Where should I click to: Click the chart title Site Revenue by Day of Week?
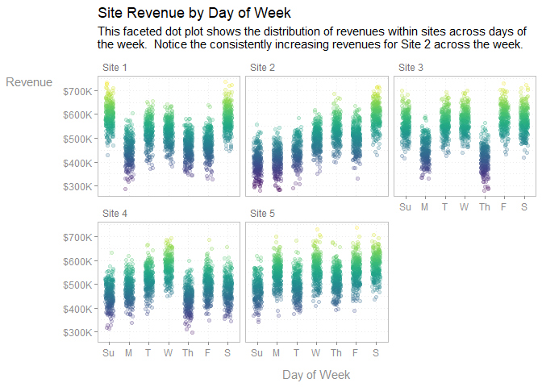pos(194,14)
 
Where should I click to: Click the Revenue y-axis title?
pos(29,82)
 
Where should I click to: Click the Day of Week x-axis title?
pos(316,375)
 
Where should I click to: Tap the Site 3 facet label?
pos(411,67)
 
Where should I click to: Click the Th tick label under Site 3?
pos(484,208)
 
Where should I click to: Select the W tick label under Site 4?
pos(168,353)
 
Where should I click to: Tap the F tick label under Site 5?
pos(356,353)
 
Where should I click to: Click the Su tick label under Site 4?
pos(108,353)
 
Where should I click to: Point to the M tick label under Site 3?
pos(425,208)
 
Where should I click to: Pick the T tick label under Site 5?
pos(296,353)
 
